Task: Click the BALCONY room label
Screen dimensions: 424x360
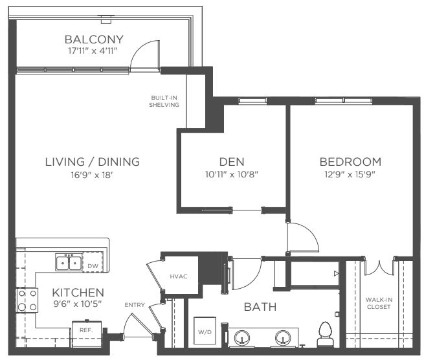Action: tap(94, 39)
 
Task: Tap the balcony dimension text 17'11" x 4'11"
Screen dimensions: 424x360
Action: tap(93, 51)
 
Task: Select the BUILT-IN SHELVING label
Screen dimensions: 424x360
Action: tap(164, 101)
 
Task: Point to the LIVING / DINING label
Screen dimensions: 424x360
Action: tap(93, 162)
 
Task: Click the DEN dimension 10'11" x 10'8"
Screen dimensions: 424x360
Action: tap(232, 174)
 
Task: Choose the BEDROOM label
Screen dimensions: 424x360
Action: tap(350, 162)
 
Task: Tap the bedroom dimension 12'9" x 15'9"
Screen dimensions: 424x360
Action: tap(350, 174)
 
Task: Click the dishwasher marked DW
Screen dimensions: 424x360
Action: tap(93, 262)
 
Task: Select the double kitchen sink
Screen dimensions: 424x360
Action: tap(69, 262)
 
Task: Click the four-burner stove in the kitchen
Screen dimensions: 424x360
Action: tap(27, 300)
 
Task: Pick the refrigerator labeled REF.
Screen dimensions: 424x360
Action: tap(87, 333)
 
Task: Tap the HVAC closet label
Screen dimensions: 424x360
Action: tap(179, 276)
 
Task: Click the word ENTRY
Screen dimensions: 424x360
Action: tap(135, 305)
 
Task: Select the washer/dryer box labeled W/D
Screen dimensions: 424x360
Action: tap(205, 332)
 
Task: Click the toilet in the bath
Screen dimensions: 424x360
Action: tap(326, 334)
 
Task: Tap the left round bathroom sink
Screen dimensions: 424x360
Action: tap(242, 338)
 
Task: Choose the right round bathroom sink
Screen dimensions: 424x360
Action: tap(283, 338)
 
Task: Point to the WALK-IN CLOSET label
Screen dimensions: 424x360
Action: tap(379, 303)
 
